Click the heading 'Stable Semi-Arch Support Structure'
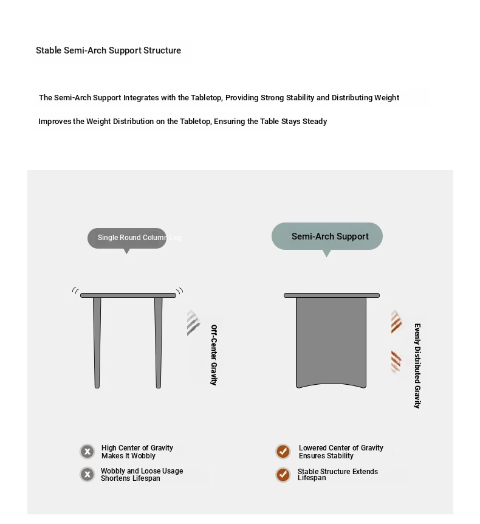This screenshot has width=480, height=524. [108, 50]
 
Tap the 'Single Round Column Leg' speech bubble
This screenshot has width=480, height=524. [127, 238]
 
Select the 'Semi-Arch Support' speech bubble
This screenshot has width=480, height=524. [327, 236]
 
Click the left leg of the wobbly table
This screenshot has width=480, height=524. [97, 340]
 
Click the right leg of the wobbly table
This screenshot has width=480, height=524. [159, 340]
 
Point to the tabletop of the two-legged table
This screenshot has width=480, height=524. [128, 295]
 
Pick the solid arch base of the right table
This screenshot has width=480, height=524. [331, 340]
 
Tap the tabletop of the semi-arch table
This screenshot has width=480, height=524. [331, 295]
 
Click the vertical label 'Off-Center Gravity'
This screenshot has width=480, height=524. [214, 354]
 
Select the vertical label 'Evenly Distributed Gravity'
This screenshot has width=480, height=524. [417, 365]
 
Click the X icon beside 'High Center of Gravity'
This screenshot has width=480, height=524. [87, 452]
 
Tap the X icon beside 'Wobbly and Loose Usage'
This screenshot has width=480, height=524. [87, 474]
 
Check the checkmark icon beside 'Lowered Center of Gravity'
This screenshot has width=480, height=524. [283, 452]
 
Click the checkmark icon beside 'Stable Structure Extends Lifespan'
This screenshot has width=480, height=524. [283, 475]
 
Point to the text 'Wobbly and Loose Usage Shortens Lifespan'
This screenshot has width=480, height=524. [142, 475]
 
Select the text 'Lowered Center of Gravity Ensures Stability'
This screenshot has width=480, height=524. [340, 452]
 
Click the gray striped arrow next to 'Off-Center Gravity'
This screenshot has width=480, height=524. [194, 323]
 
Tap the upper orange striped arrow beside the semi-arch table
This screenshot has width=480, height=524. [397, 322]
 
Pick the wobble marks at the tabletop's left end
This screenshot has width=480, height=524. [75, 291]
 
